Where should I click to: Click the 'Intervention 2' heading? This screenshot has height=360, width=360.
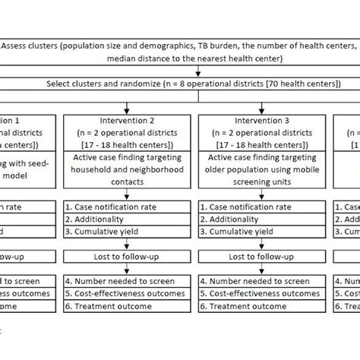pyautogui.click(x=127, y=119)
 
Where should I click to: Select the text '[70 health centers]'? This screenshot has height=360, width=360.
pyautogui.click(x=298, y=84)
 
